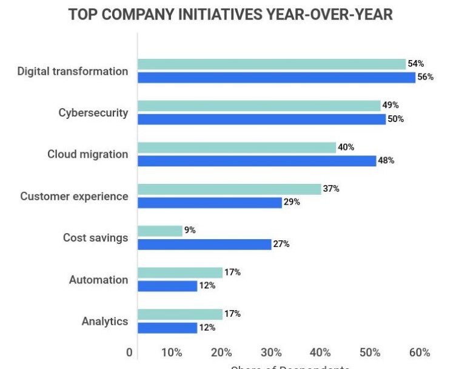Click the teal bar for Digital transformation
(271, 64)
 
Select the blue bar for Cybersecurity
(261, 119)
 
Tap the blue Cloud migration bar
(256, 161)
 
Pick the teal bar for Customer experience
(229, 189)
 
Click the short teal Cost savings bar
(159, 231)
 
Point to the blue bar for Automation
(167, 286)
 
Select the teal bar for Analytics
(180, 314)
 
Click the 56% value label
(426, 77)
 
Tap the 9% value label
(190, 231)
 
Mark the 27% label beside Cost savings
(281, 244)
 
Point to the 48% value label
(386, 161)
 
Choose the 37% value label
(331, 189)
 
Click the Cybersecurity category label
(93, 112)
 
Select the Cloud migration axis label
(88, 154)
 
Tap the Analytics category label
(105, 321)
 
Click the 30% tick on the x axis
(271, 353)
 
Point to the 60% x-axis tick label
(420, 353)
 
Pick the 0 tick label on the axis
(129, 353)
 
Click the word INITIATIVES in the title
(213, 15)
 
